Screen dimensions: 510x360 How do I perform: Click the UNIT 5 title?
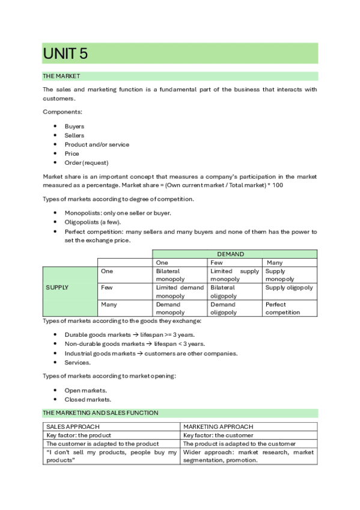[66, 54]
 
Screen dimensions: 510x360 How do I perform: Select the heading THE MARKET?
[61, 76]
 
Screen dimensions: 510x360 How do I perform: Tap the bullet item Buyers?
[75, 126]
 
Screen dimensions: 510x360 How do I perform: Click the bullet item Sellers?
[75, 135]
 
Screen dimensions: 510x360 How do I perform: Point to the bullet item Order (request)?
[87, 162]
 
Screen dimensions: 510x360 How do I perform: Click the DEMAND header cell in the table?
[234, 254]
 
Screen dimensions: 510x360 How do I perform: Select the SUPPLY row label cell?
[57, 287]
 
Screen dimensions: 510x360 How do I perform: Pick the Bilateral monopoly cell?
[180, 275]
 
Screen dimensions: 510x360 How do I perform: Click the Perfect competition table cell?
[289, 308]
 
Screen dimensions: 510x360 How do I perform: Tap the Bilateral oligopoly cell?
[234, 292]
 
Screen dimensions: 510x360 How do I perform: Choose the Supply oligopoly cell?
[289, 288]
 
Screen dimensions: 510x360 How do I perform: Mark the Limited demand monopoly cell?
[180, 292]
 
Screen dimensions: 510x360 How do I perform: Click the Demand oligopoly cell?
[234, 308]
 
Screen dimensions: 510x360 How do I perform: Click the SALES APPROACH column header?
[69, 426]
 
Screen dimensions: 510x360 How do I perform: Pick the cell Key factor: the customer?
[218, 435]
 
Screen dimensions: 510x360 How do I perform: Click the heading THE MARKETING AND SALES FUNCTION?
[100, 413]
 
